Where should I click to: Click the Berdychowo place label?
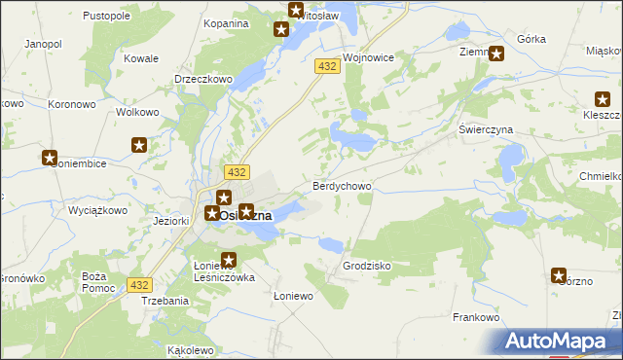tap(341, 185)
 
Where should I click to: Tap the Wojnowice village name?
tap(368, 57)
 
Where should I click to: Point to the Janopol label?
tap(43, 45)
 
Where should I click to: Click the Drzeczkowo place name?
tap(202, 79)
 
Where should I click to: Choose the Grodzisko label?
tap(367, 265)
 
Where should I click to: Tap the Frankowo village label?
tap(476, 317)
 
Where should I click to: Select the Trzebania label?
tap(165, 301)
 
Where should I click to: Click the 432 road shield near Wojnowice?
tap(327, 65)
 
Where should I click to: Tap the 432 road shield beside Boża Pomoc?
tap(139, 285)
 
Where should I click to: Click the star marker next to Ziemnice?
tap(496, 54)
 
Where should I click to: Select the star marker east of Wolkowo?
tap(139, 146)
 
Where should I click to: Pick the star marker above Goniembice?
tap(50, 157)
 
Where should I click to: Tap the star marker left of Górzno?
tap(559, 275)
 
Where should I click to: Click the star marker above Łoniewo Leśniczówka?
tap(228, 260)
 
